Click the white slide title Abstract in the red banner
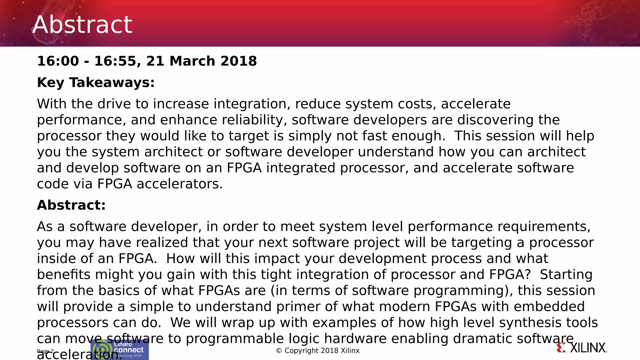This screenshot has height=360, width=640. click(82, 25)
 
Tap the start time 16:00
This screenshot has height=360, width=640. click(58, 61)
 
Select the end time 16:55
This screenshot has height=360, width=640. click(115, 61)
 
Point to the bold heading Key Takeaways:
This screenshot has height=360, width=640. click(96, 82)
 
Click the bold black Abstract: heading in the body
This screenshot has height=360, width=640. click(71, 205)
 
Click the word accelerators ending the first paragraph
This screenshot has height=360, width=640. click(179, 184)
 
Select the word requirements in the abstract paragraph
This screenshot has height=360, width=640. click(544, 227)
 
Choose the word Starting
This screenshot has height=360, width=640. click(566, 274)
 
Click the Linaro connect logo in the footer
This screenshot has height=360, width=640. click(120, 350)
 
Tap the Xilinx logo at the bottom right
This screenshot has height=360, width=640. click(582, 348)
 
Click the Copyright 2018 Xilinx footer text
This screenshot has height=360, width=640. click(318, 351)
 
